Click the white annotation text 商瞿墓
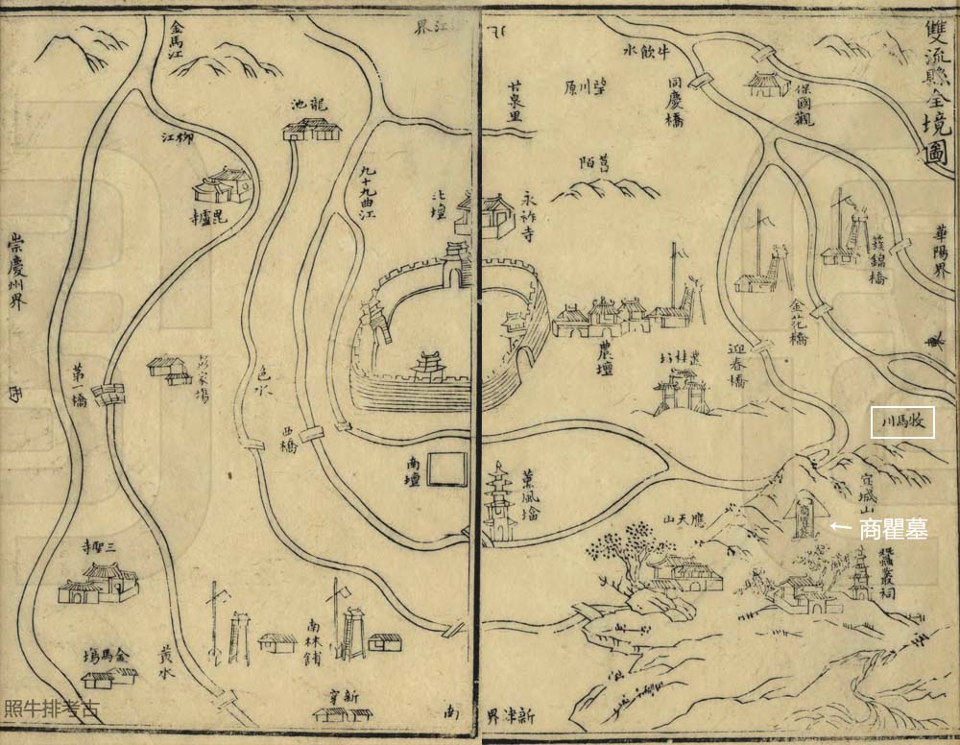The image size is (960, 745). (893, 528)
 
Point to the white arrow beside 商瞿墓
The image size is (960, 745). (839, 526)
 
